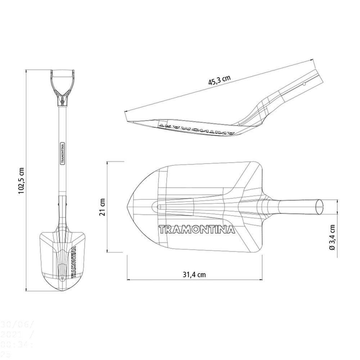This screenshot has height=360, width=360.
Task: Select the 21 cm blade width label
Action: [103, 207]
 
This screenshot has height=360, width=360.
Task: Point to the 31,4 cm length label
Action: [194, 274]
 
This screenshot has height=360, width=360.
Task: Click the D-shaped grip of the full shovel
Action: [63, 81]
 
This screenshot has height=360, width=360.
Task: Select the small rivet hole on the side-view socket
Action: [304, 85]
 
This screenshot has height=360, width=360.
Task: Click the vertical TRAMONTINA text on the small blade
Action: [73, 261]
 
